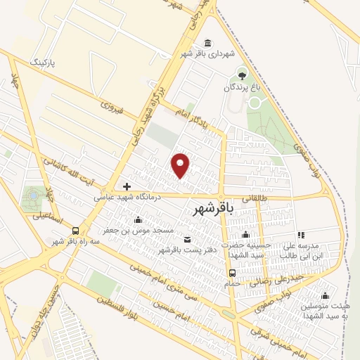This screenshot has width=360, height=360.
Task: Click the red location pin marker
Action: pyautogui.click(x=181, y=165)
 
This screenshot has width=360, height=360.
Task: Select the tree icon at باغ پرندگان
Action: pyautogui.click(x=243, y=75)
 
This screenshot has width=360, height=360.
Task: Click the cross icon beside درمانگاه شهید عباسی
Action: pyautogui.click(x=127, y=186)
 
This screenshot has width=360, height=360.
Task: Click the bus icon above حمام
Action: pyautogui.click(x=232, y=273)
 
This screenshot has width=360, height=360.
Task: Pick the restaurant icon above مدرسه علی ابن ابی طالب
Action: pyautogui.click(x=301, y=235)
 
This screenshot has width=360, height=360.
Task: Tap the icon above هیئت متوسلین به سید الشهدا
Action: pyautogui.click(x=325, y=295)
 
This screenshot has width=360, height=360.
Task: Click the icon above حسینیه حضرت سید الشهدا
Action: pyautogui.click(x=245, y=235)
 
